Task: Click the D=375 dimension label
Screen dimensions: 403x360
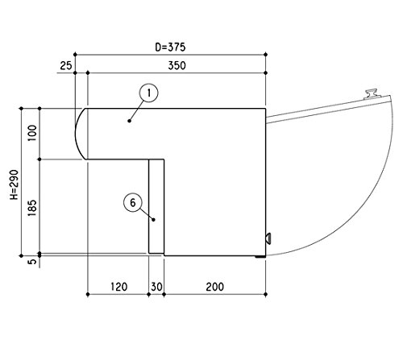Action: pyautogui.click(x=170, y=48)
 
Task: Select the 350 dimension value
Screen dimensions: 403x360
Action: pyautogui.click(x=177, y=65)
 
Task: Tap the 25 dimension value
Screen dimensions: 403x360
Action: pyautogui.click(x=66, y=65)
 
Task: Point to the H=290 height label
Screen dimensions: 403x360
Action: pyautogui.click(x=14, y=184)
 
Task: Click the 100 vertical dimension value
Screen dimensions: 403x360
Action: pyautogui.click(x=32, y=133)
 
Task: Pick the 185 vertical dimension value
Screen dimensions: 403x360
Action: pyautogui.click(x=32, y=208)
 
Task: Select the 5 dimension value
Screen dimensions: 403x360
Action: pyautogui.click(x=32, y=262)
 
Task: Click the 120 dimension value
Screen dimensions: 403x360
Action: pyautogui.click(x=118, y=287)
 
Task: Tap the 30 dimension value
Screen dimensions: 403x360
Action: pyautogui.click(x=156, y=287)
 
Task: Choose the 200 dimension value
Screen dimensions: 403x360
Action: pyautogui.click(x=215, y=287)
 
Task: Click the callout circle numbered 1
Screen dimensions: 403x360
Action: pyautogui.click(x=148, y=93)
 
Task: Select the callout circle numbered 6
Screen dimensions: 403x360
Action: pyautogui.click(x=133, y=203)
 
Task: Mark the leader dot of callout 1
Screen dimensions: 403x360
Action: pyautogui.click(x=129, y=121)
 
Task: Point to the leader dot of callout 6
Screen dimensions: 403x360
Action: pyautogui.click(x=154, y=220)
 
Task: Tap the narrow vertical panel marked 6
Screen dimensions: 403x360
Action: pyautogui.click(x=156, y=206)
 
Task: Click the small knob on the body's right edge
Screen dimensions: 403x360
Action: pyautogui.click(x=268, y=238)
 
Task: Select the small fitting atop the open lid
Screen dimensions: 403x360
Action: pyautogui.click(x=372, y=93)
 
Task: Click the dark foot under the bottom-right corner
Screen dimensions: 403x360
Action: pyautogui.click(x=260, y=257)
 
